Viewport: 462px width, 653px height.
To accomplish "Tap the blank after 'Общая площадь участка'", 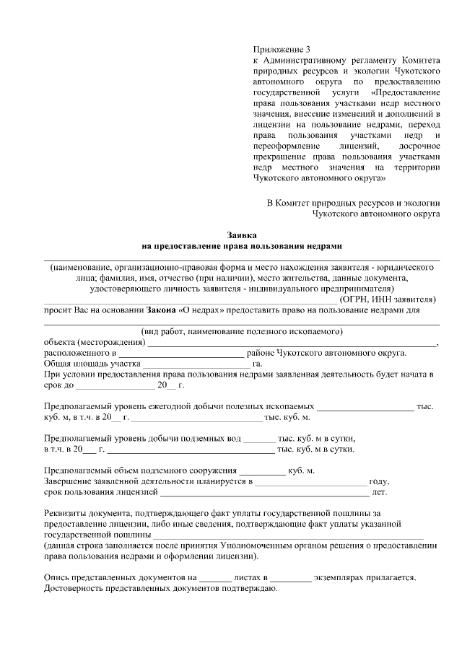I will (x=196, y=364).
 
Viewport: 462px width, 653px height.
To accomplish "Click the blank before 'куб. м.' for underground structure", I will (x=262, y=470).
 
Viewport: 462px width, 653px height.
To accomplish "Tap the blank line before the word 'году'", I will (x=310, y=481).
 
